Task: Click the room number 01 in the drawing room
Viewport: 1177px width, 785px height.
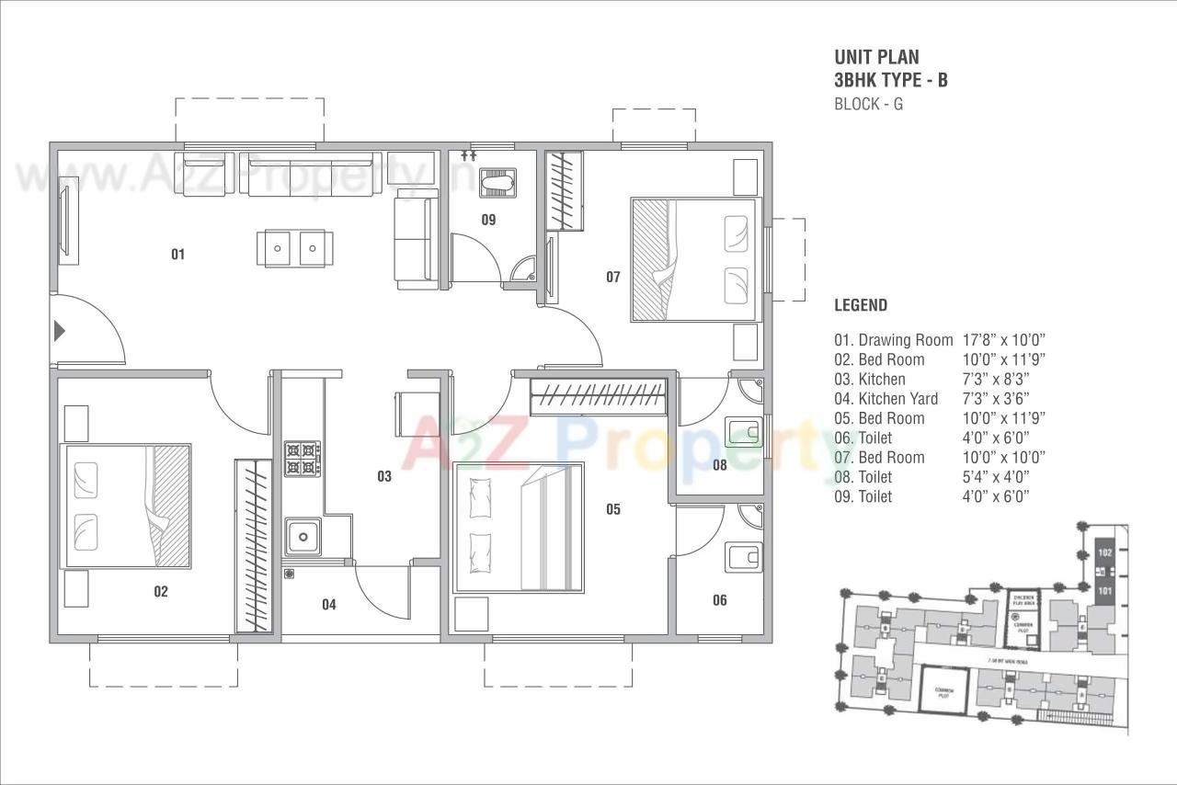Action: [x=177, y=254]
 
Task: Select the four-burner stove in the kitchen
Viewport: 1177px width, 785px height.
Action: [x=303, y=459]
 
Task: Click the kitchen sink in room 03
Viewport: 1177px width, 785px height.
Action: [x=303, y=536]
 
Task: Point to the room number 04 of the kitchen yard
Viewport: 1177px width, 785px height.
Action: [x=328, y=604]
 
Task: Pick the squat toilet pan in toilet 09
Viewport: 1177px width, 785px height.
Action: [x=498, y=181]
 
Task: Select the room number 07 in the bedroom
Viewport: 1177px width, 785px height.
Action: [x=613, y=277]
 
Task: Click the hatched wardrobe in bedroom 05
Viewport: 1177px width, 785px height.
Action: [x=599, y=397]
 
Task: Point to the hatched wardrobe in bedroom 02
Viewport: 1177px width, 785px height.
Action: [x=253, y=545]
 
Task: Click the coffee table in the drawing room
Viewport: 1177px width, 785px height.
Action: [x=294, y=248]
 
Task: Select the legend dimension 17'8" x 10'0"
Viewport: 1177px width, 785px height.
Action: [x=1004, y=340]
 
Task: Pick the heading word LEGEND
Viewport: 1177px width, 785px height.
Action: [x=860, y=305]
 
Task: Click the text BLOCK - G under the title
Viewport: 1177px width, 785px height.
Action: [x=867, y=104]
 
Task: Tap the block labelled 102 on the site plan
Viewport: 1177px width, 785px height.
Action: [x=1105, y=553]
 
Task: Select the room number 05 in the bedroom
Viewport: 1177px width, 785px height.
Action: [x=613, y=509]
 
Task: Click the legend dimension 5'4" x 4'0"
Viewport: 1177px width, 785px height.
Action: [x=995, y=477]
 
